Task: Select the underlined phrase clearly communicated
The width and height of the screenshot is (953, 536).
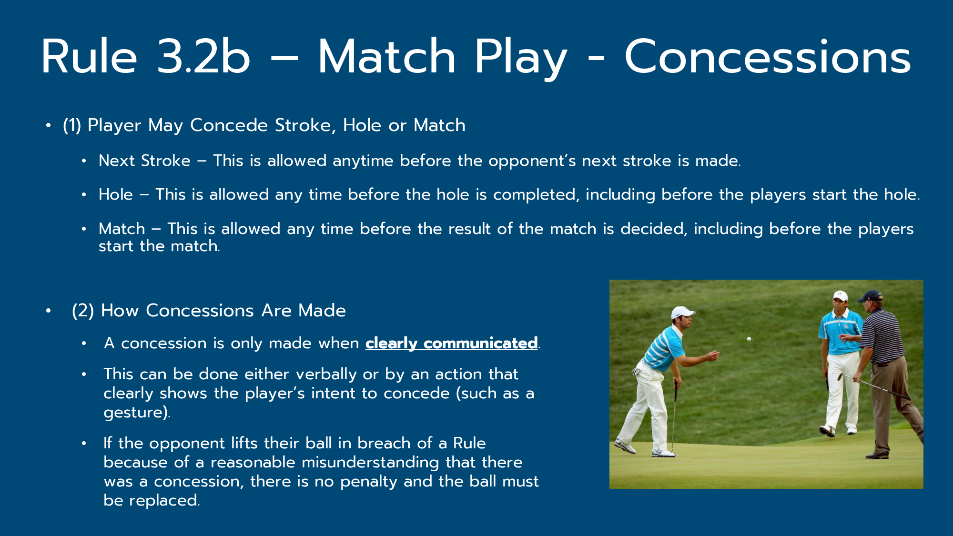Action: point(452,343)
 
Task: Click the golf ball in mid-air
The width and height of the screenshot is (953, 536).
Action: point(749,339)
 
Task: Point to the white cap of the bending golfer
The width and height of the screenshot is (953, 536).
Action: point(682,313)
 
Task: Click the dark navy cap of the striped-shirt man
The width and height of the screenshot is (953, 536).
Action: point(871,296)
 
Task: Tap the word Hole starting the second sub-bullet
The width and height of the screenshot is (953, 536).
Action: point(116,194)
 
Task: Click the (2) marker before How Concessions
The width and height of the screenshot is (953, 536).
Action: point(83,311)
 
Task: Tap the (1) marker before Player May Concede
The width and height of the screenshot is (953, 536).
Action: point(72,125)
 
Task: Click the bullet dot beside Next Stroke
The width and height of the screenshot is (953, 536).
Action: point(84,161)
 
